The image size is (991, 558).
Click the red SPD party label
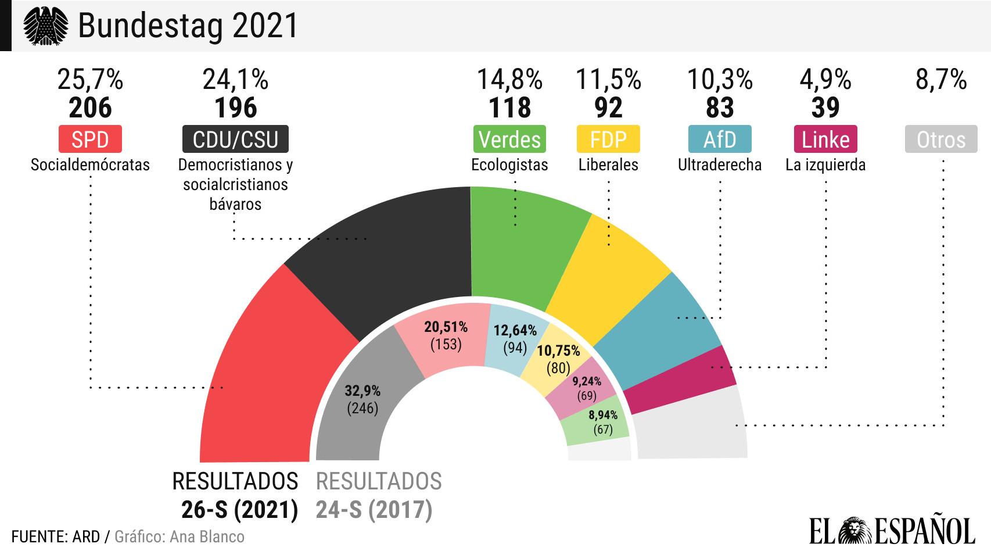tap(90, 139)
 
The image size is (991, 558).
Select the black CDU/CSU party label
tap(235, 139)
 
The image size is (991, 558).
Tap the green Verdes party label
tap(509, 139)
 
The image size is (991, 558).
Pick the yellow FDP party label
tap(608, 139)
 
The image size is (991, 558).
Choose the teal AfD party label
tap(720, 139)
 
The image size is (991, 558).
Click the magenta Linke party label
tap(825, 139)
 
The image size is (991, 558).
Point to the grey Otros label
tap(941, 139)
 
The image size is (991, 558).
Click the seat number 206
tap(90, 108)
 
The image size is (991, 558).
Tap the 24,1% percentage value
tap(235, 79)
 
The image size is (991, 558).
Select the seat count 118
tap(509, 108)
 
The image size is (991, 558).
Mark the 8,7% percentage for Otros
tap(941, 79)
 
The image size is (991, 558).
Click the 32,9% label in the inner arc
tap(362, 390)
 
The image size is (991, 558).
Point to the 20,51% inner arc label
tap(446, 327)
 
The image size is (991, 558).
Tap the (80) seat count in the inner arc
tap(558, 368)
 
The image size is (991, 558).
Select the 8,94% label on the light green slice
tap(603, 415)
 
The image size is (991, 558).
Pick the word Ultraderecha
tap(720, 165)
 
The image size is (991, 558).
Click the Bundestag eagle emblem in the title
tap(45, 26)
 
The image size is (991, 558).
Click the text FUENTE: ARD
tap(56, 536)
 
